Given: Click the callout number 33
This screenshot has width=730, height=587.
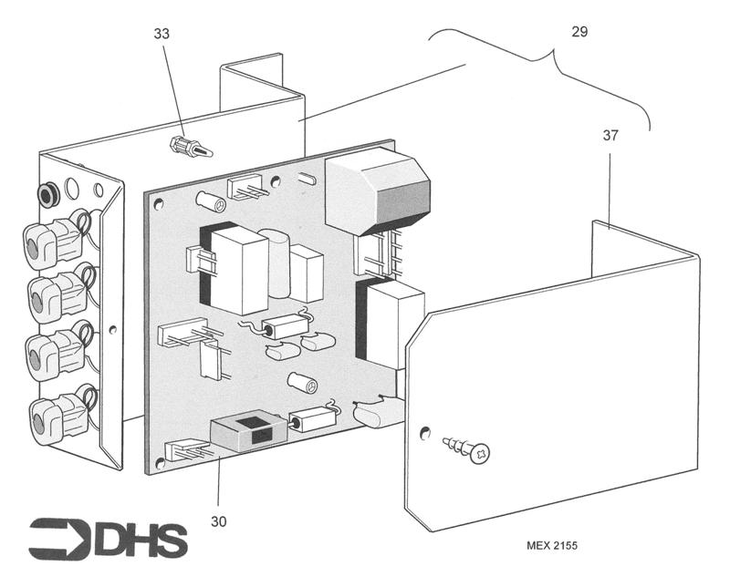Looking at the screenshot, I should click(162, 34).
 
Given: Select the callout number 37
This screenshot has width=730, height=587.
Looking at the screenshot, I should click(610, 136).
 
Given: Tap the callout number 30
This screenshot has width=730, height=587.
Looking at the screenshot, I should click(218, 521).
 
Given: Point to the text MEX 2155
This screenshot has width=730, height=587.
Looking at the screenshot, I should click(552, 546).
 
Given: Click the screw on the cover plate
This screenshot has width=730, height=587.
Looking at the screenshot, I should click(467, 448).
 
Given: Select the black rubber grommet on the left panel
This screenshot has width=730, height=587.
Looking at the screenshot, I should click(47, 194).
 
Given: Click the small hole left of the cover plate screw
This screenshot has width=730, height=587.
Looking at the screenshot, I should click(424, 432).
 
